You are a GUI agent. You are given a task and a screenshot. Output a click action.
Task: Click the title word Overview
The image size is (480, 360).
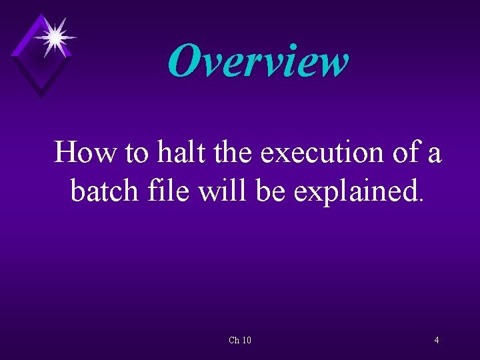[257, 61]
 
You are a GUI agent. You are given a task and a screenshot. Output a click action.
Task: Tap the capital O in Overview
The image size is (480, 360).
[184, 61]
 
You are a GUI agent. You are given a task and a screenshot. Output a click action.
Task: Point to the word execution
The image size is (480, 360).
[318, 154]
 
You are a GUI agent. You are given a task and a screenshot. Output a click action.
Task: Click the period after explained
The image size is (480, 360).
[419, 199]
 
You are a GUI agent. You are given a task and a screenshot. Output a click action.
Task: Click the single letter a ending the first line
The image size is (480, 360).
[435, 155]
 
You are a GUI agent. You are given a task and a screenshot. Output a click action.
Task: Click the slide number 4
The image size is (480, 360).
[436, 341]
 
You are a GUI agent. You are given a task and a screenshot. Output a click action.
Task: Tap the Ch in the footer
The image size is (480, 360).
[233, 341]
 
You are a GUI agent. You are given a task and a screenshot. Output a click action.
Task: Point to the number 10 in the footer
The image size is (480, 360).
[246, 341]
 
